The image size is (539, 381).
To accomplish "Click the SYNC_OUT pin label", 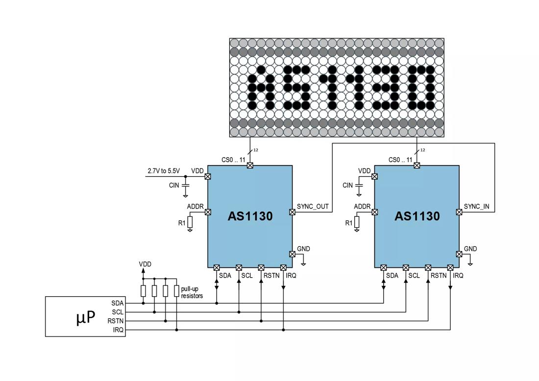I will [313, 206].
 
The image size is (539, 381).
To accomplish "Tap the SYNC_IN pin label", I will [476, 206].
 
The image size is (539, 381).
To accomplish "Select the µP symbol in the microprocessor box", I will [85, 317].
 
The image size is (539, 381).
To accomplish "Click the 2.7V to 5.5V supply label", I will [164, 171].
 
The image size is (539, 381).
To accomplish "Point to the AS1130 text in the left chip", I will [250, 216].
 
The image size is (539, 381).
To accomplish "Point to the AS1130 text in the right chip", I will [417, 216].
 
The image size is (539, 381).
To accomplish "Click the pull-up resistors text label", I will [192, 292].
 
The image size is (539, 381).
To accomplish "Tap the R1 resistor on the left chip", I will [190, 223].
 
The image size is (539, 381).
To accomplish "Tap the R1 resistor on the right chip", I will [357, 223].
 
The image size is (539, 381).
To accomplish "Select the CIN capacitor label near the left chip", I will [174, 186].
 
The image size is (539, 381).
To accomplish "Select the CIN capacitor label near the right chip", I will [347, 186].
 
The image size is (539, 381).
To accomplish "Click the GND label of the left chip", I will [303, 249].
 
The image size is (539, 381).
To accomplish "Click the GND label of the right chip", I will [470, 249].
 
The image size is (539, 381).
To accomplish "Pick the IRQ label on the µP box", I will [118, 330].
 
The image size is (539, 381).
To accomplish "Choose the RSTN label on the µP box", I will [116, 321].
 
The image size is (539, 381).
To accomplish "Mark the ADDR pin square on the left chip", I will [208, 212].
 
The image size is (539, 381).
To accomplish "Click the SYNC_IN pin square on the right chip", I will [459, 212].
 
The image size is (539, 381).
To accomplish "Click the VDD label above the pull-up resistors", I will [145, 264].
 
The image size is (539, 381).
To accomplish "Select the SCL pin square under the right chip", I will [406, 268].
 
